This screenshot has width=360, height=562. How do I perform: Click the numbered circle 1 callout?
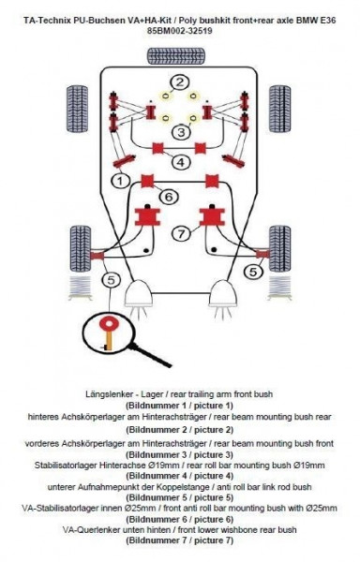[120, 180]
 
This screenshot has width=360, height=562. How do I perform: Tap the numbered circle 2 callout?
[180, 83]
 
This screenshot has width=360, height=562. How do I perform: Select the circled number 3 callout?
[182, 132]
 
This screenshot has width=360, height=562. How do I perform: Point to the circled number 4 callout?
[181, 162]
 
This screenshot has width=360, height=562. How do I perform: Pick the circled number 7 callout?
[182, 234]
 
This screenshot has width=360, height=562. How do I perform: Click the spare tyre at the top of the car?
[176, 56]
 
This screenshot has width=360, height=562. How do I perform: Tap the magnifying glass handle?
[150, 355]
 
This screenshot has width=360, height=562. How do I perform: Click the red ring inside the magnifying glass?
[109, 324]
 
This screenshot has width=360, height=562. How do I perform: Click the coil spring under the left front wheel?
[80, 288]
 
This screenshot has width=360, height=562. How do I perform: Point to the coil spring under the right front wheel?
[279, 288]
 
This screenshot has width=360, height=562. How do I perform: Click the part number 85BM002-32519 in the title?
[179, 31]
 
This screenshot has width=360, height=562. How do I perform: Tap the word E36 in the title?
[327, 21]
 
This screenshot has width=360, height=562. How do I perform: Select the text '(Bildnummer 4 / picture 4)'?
[180, 476]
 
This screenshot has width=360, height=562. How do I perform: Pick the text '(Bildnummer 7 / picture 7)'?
[180, 540]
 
